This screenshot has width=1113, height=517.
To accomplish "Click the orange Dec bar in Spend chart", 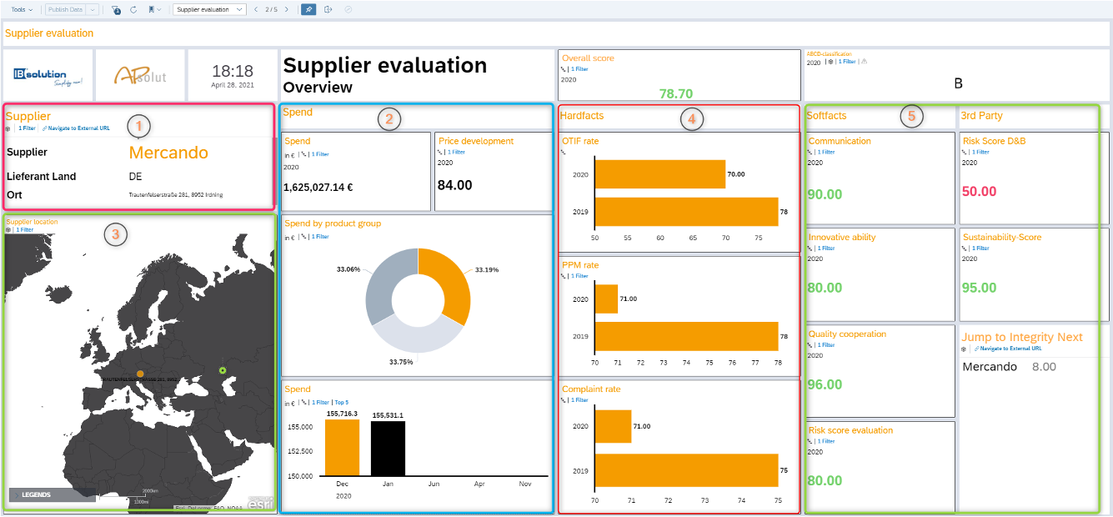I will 342,448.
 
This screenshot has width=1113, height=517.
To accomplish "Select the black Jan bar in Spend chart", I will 388,449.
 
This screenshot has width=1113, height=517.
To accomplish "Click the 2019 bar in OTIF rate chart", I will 685,212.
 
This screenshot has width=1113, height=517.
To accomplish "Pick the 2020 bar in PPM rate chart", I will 606,299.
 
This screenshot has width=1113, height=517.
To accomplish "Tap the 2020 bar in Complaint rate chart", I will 613,426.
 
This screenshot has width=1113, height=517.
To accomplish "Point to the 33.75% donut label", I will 400,362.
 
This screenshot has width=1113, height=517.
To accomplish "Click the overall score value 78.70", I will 675,93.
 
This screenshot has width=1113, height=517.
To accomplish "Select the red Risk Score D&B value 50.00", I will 979,192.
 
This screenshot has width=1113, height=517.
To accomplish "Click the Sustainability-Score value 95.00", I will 979,288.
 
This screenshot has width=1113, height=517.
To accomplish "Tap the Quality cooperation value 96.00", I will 825,384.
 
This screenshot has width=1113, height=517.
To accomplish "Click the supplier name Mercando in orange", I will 168,153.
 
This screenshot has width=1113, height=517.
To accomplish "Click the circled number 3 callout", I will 115,235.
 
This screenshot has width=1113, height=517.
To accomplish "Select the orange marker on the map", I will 140,374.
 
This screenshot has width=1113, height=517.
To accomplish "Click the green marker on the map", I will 223,370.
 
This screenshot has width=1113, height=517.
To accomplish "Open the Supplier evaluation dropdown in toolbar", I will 210,9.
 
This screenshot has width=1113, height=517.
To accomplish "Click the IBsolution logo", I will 46,76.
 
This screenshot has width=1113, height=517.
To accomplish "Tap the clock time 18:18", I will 232,71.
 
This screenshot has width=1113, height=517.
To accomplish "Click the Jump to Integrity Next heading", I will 1022,337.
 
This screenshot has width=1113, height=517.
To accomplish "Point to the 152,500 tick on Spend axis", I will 300,451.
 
